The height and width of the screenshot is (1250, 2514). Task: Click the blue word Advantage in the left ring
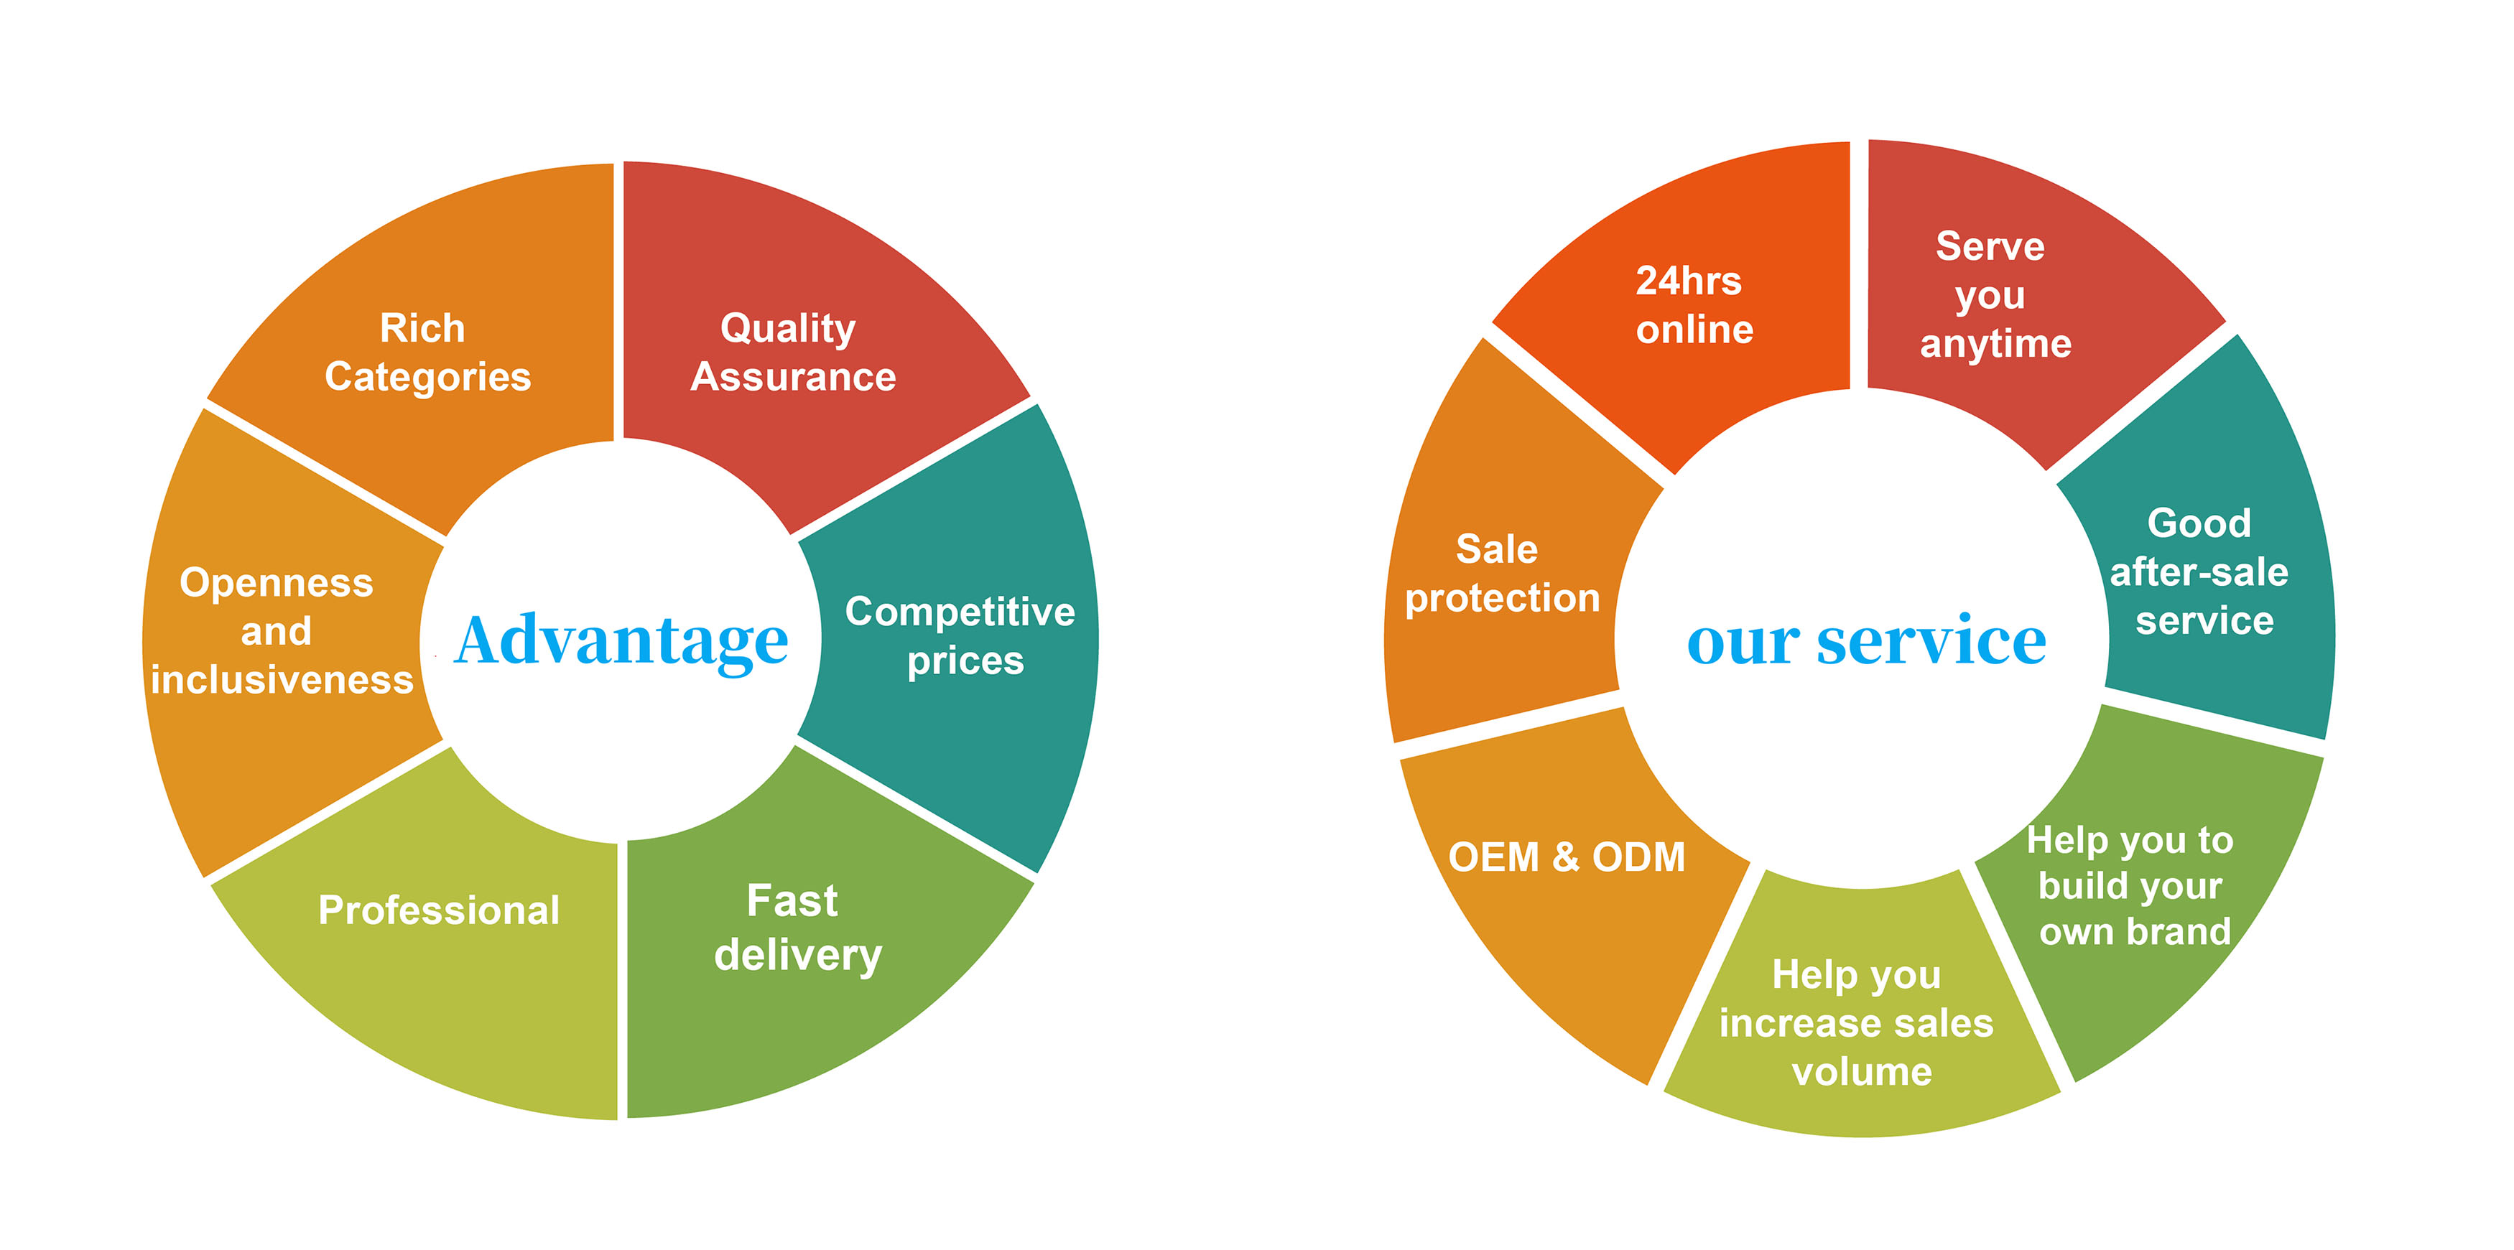click(621, 641)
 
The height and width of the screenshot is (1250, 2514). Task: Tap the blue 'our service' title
click(1866, 641)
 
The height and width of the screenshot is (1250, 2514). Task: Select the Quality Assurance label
click(792, 353)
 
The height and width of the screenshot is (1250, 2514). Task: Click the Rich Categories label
click(427, 353)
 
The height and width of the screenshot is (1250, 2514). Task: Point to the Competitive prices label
click(960, 635)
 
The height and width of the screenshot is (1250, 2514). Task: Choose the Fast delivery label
click(797, 927)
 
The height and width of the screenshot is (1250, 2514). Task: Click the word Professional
click(438, 910)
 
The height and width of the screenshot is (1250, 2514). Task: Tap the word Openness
click(277, 582)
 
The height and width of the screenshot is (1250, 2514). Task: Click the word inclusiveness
click(282, 680)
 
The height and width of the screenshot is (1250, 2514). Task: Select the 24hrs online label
click(1692, 305)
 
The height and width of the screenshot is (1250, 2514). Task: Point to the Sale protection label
click(1501, 574)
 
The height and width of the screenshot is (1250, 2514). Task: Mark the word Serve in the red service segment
click(1990, 246)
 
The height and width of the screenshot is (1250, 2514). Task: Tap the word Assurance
click(792, 378)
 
